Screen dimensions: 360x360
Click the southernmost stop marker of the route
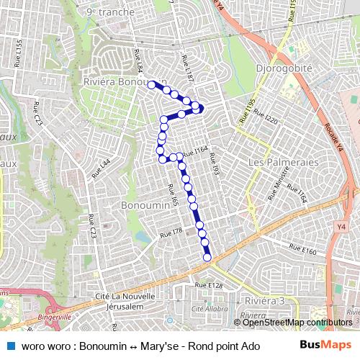207,258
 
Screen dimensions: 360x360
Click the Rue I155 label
19,55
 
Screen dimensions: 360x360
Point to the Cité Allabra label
205,307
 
